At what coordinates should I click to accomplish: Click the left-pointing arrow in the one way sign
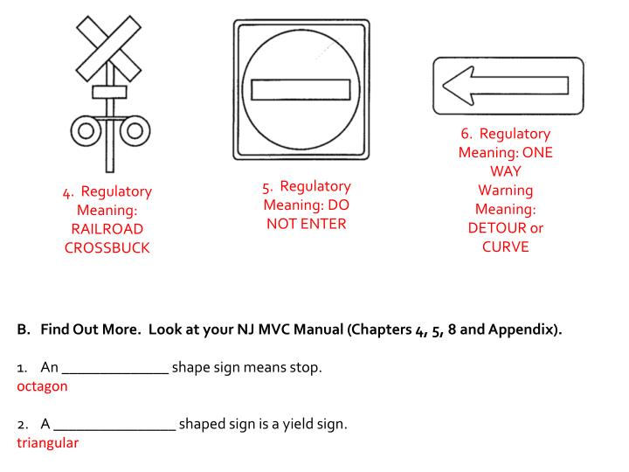pos(506,86)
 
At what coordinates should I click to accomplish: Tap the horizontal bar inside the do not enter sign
pos(301,89)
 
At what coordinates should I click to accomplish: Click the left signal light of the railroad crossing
pos(86,131)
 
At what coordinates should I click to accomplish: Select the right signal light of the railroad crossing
pos(135,131)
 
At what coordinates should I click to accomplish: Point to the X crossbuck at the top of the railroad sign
pos(108,49)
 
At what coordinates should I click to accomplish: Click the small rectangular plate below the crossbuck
pos(109,92)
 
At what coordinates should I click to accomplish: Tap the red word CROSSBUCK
pos(107,247)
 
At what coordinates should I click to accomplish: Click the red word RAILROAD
pos(107,229)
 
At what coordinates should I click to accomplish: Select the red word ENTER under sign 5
pos(323,224)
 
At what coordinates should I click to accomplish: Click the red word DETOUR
pos(496,228)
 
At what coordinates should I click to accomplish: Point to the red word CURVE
pos(506,246)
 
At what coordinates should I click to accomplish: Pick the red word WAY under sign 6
pos(506,171)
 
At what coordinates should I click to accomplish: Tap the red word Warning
pos(506,191)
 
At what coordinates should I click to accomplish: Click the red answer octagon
pos(42,386)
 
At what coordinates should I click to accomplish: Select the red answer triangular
pos(48,443)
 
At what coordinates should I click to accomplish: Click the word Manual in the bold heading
pos(319,330)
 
